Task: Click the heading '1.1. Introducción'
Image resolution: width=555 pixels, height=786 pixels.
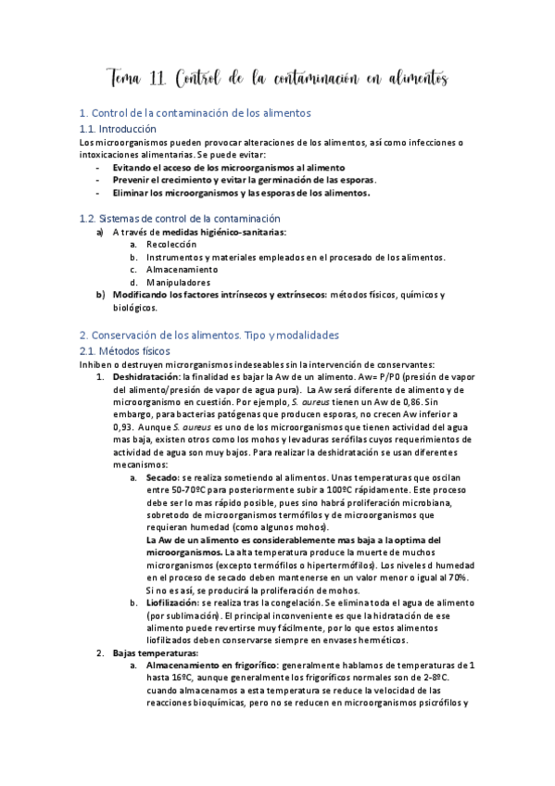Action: point(118,129)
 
